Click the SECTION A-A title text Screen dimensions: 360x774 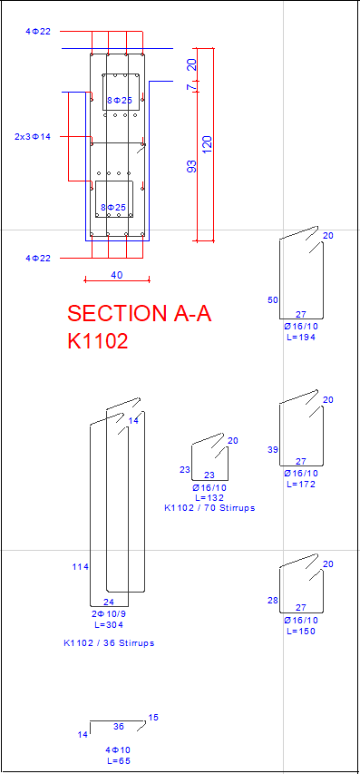140,313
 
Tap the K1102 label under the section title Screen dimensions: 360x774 98,340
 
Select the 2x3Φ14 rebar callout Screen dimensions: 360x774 33,137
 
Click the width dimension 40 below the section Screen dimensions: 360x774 117,275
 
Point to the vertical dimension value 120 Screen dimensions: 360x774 207,144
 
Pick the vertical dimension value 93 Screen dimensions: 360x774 192,166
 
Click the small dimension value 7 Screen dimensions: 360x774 192,87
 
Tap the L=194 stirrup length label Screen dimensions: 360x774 301,338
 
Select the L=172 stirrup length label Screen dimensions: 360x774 301,485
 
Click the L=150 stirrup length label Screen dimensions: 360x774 301,632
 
